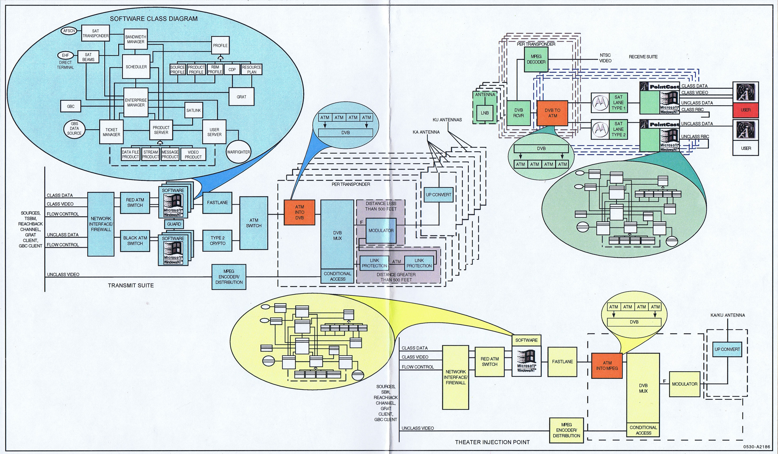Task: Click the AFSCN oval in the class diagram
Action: click(x=69, y=31)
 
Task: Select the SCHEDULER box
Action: click(x=136, y=67)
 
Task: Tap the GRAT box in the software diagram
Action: click(x=241, y=97)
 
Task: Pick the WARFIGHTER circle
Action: click(x=238, y=152)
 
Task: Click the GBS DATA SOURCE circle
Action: click(x=74, y=128)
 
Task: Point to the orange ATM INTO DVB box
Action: click(x=299, y=212)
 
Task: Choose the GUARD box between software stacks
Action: click(x=174, y=224)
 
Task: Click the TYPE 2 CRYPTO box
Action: click(x=217, y=240)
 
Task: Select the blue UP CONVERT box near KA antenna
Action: click(x=438, y=195)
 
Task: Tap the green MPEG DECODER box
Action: click(x=536, y=59)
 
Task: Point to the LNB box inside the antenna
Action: click(x=484, y=113)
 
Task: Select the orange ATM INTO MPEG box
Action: click(x=607, y=366)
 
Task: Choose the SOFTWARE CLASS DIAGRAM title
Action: click(x=153, y=18)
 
